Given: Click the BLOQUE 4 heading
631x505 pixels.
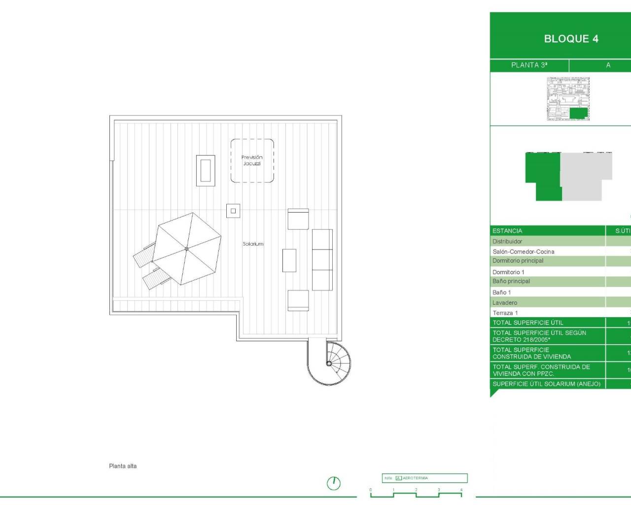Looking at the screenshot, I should pos(571,39).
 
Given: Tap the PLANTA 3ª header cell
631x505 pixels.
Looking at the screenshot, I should pos(529,65).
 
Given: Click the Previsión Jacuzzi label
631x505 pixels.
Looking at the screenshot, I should pos(252,160).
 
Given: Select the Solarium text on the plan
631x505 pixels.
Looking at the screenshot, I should pos(253,244).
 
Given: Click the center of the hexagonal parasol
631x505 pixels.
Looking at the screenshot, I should pos(186,249).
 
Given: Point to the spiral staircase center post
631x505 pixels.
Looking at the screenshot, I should pos(329,363).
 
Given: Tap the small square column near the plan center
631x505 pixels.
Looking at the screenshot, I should pos(233,211).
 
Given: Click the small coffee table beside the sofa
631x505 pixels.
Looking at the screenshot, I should pos(289,260).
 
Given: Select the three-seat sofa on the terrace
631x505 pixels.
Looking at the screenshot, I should pos(322,259).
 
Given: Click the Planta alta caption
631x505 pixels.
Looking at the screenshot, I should pos(123,466).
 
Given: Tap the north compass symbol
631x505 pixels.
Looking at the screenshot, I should pos(334,483).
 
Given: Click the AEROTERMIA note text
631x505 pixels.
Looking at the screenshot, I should pos(415,478).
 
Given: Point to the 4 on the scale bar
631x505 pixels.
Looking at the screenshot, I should pos(461,490).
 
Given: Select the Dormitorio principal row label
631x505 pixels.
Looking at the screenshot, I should pos(518,261).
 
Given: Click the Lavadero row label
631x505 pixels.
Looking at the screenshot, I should pos(505,303).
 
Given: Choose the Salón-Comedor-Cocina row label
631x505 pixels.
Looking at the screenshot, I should pos(523,252).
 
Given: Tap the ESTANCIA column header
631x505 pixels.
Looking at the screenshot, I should pos(507,231).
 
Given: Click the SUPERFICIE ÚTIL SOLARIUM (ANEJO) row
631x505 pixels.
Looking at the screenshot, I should pos(546,384).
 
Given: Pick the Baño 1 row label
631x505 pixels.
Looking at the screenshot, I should pos(501,292).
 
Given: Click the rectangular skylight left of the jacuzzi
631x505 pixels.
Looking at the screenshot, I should pos(206,170).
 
